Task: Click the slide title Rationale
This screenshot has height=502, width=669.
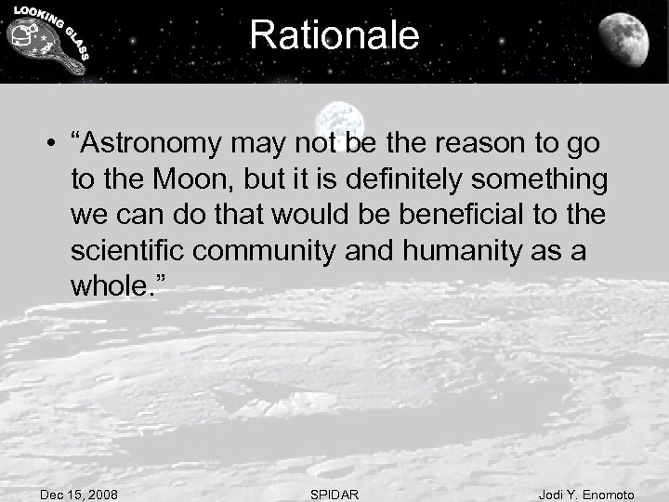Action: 334,36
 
